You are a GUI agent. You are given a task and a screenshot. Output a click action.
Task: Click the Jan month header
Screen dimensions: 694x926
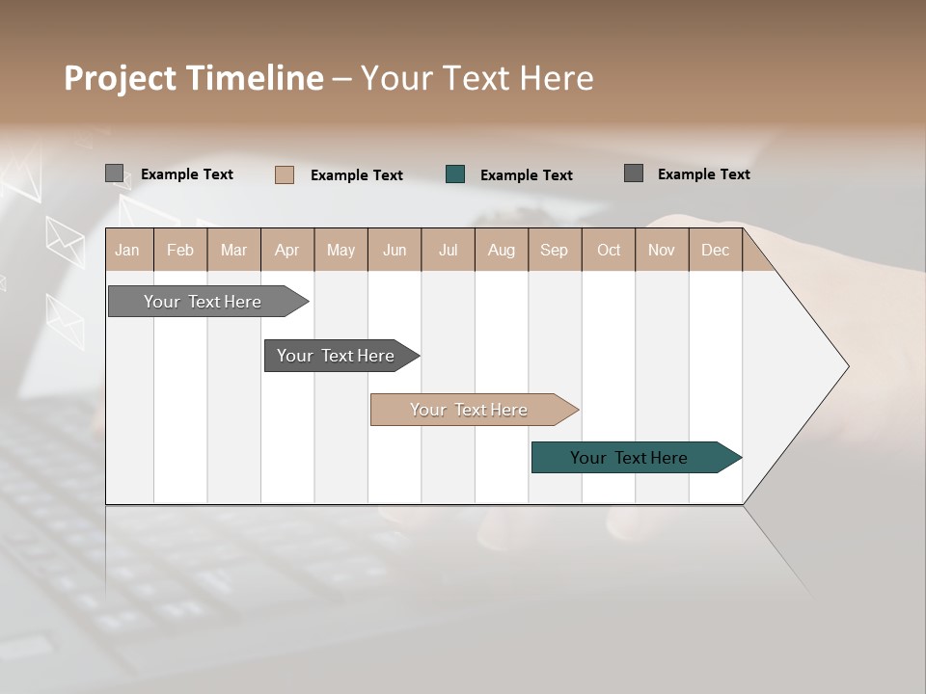(128, 250)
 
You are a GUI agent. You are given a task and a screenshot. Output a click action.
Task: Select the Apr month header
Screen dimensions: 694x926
(286, 250)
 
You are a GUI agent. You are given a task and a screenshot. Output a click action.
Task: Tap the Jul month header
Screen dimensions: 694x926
(448, 250)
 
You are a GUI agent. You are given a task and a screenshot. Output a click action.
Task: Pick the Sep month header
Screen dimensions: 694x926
(554, 250)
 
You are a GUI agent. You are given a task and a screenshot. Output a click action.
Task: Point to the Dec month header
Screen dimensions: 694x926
(715, 250)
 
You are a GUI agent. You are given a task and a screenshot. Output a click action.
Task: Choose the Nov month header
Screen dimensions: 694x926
(661, 250)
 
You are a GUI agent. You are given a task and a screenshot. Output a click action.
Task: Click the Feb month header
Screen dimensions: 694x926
(180, 250)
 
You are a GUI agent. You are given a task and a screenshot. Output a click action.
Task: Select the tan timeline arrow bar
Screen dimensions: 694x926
(470, 410)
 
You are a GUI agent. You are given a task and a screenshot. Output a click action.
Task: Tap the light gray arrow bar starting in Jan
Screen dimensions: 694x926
(203, 302)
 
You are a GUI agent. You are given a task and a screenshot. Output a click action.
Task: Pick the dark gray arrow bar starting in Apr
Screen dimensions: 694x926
(336, 356)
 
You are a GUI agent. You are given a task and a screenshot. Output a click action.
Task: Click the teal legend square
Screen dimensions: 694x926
(455, 174)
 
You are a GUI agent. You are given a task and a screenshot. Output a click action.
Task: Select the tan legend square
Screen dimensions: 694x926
(285, 174)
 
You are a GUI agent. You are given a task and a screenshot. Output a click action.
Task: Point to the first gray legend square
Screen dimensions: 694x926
(115, 173)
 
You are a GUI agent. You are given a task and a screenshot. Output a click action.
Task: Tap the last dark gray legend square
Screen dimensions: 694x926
(634, 173)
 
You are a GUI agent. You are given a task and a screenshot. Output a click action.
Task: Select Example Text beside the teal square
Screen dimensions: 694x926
(526, 175)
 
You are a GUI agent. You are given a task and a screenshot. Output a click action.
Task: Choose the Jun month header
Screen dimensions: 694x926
(395, 250)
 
